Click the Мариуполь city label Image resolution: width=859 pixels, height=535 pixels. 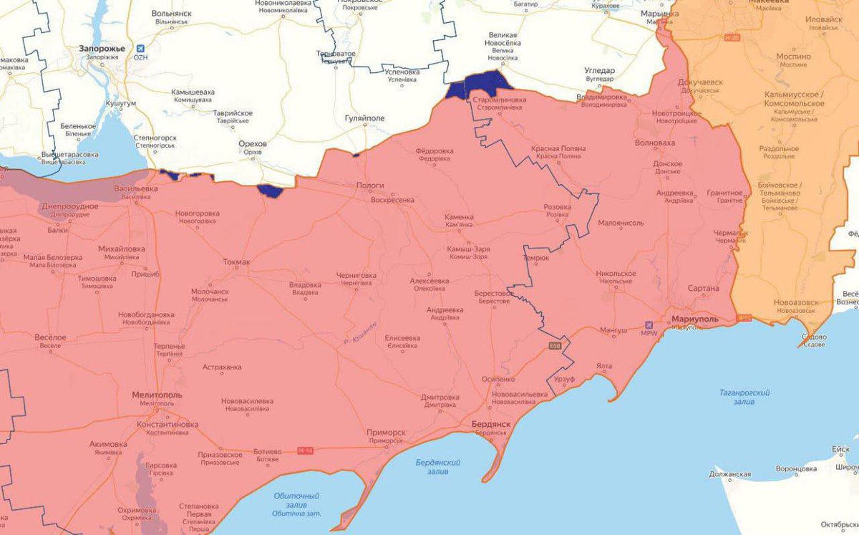click(x=695, y=318)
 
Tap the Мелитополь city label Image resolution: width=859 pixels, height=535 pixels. click(x=157, y=395)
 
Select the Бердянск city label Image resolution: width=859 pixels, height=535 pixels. click(x=491, y=424)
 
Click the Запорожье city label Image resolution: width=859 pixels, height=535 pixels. click(x=102, y=48)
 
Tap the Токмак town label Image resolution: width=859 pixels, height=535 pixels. click(x=236, y=262)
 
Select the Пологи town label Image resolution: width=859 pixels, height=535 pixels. click(x=370, y=185)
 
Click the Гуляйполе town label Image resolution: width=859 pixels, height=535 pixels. click(x=365, y=117)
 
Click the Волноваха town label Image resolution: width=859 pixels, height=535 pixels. click(x=654, y=143)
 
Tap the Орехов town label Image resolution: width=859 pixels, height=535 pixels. click(x=252, y=144)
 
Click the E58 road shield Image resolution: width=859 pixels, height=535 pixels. click(x=554, y=347)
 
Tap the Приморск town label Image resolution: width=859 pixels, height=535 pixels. click(x=385, y=433)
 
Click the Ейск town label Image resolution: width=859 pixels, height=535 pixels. click(x=840, y=449)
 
